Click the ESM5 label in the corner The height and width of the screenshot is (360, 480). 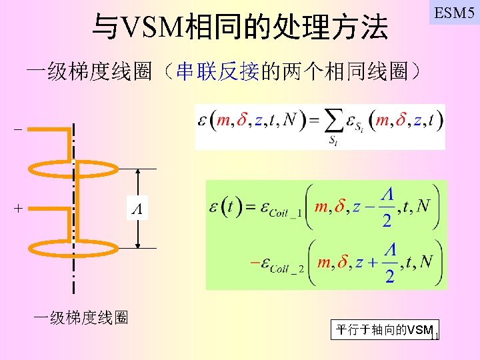pyautogui.click(x=454, y=13)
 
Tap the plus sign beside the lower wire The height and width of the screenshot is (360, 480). pyautogui.click(x=18, y=209)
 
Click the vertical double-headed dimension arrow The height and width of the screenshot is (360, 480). pyautogui.click(x=138, y=208)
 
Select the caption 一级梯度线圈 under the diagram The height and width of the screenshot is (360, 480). pyautogui.click(x=81, y=317)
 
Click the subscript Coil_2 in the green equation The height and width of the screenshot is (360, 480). pyautogui.click(x=287, y=268)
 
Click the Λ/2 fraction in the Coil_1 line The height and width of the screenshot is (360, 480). pyautogui.click(x=387, y=207)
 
